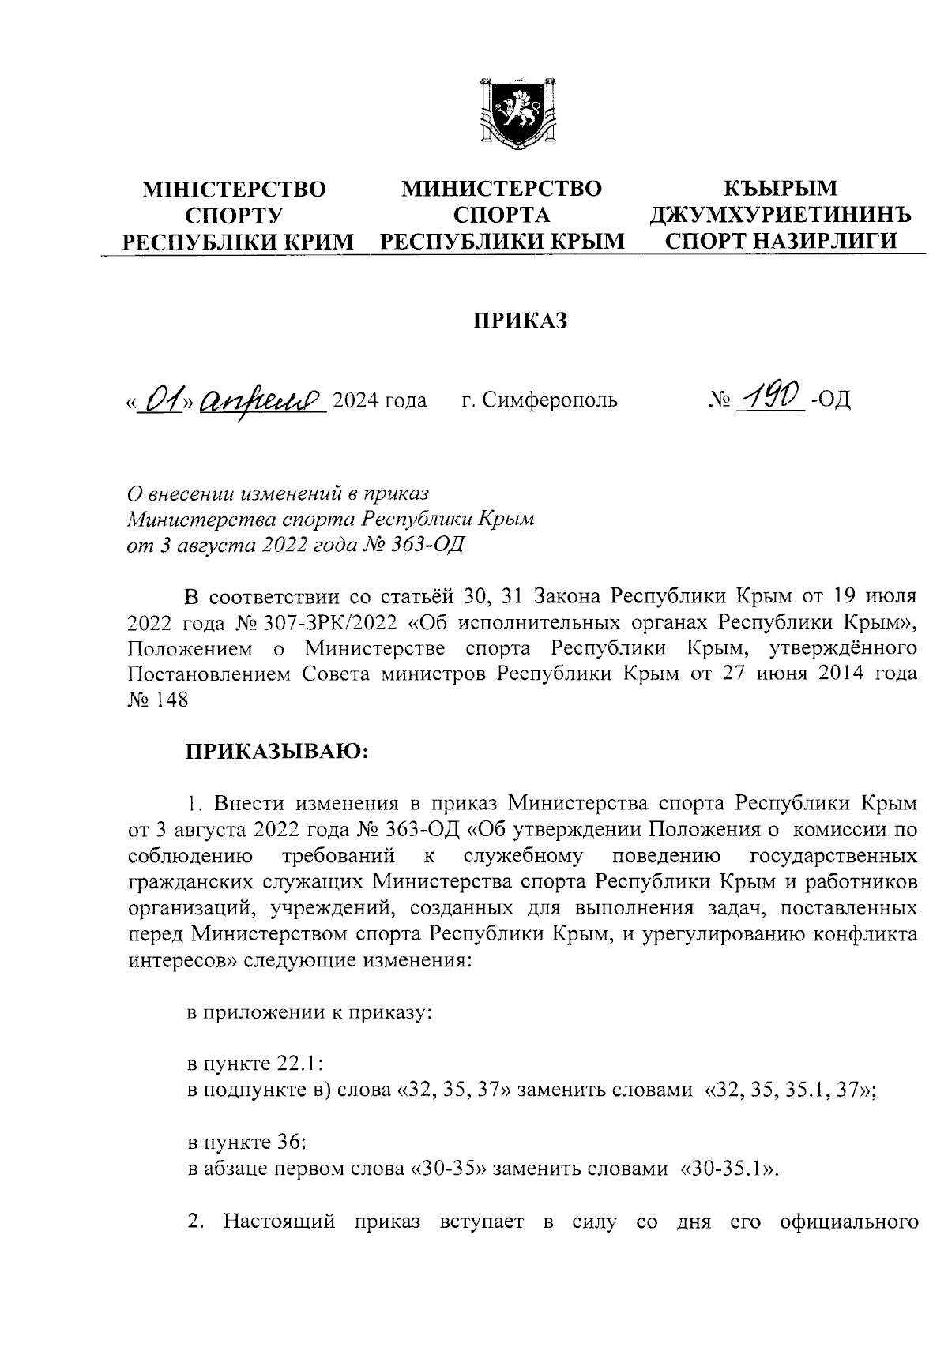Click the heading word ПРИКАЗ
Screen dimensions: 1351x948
pos(521,321)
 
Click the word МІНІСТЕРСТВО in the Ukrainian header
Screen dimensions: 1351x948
pos(233,190)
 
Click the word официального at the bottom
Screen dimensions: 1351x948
pos(848,1223)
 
